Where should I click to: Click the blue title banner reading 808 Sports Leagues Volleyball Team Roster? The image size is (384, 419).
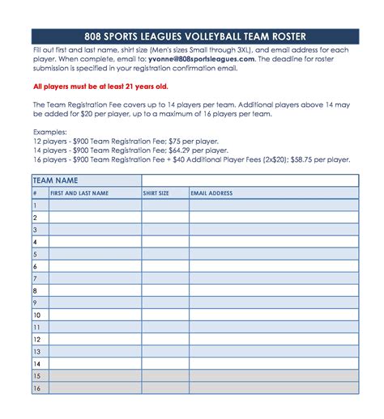[x=194, y=36]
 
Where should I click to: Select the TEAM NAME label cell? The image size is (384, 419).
[x=57, y=180]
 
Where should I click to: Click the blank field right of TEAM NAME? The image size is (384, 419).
[x=250, y=180]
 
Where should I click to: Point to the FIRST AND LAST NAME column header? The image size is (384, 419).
[x=79, y=193]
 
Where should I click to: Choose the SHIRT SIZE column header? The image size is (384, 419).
[x=156, y=193]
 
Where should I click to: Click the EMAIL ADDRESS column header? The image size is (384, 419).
[x=211, y=193]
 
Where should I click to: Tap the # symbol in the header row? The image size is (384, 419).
[x=35, y=193]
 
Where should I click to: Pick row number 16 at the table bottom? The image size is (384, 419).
[x=36, y=388]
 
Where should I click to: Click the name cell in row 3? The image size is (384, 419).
[x=95, y=230]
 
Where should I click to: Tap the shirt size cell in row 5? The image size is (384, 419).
[x=165, y=254]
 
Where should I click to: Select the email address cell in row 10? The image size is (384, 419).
[x=274, y=315]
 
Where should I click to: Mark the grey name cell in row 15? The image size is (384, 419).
[x=95, y=376]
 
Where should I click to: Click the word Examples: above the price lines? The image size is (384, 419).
[x=50, y=130]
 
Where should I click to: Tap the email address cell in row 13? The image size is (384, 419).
[x=274, y=352]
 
